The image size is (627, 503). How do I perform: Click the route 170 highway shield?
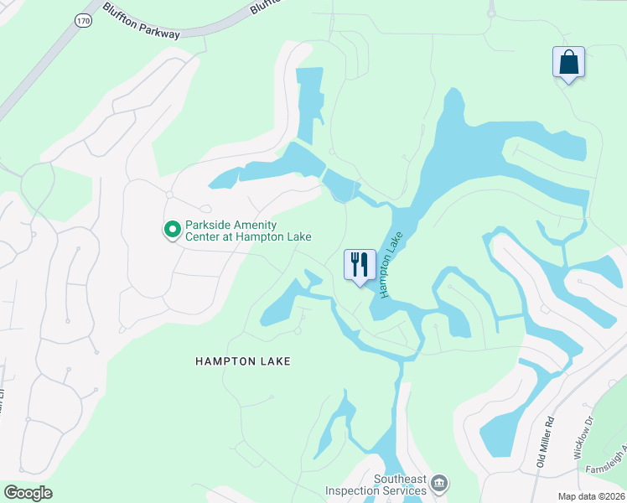(82, 20)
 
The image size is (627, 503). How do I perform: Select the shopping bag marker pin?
(568, 63)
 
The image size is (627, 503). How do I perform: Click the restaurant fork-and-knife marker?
(360, 265)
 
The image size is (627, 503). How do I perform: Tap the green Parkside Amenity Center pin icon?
(172, 229)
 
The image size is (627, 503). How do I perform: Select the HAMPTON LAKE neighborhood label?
(242, 361)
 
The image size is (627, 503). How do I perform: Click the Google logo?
(27, 493)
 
